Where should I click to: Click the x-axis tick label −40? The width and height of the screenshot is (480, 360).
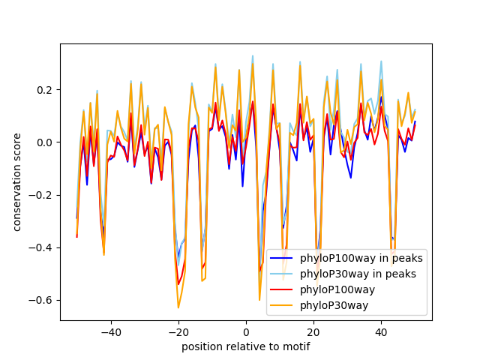click(x=110, y=331)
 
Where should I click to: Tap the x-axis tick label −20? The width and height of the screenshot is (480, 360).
click(x=178, y=331)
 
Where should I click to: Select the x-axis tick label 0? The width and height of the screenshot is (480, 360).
click(x=246, y=331)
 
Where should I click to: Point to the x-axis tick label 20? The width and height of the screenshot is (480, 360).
click(x=313, y=331)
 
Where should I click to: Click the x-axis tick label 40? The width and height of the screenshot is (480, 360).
click(x=381, y=331)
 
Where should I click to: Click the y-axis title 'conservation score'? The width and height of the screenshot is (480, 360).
click(x=16, y=181)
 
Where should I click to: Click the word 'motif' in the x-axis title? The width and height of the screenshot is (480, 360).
click(x=296, y=346)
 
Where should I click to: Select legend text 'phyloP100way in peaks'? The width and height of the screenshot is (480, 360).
click(x=361, y=259)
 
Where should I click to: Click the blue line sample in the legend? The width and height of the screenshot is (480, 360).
click(x=283, y=259)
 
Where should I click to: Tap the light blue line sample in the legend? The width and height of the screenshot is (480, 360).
click(x=283, y=274)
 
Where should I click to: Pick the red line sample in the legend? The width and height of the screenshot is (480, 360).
click(x=283, y=289)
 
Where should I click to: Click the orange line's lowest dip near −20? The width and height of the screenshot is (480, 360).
click(x=178, y=307)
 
